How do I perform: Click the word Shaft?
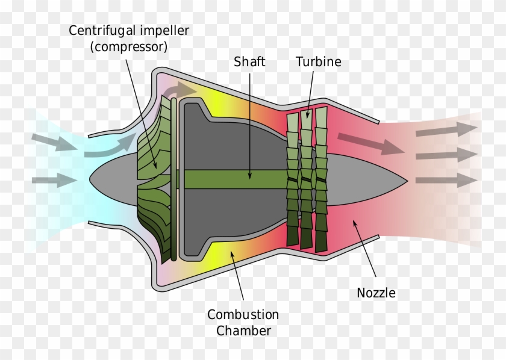pos(250,61)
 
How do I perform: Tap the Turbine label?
pos(318,61)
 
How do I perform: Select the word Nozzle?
pos(376,293)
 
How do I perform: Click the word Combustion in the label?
pos(243,315)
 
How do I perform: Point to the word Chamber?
pos(243,331)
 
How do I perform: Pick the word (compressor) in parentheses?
pos(128,47)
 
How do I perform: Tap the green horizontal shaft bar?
pos(235,179)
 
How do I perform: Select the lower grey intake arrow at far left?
pos(51,179)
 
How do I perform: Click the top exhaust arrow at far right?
pos(445,129)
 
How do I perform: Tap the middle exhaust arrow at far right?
pos(445,155)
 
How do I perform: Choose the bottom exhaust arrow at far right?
pos(445,179)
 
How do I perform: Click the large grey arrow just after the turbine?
pos(371,143)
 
